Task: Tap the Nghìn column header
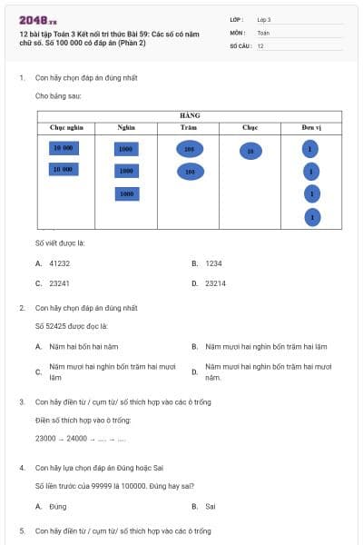126,128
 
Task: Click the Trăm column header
189,128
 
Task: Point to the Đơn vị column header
311,128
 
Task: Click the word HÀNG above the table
190,115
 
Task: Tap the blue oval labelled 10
250,151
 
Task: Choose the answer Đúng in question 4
58,505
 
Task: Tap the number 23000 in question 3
46,439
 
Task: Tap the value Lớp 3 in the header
264,19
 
